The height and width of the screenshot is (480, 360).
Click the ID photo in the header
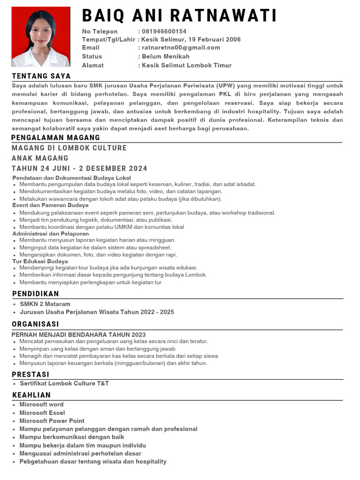pyautogui.click(x=40, y=37)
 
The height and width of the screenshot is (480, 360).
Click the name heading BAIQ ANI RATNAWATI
pyautogui.click(x=180, y=16)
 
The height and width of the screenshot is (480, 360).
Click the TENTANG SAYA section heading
pyautogui.click(x=41, y=76)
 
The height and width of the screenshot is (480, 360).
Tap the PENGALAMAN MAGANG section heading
pyautogui.click(x=56, y=137)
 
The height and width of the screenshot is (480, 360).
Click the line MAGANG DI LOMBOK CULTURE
pyautogui.click(x=69, y=148)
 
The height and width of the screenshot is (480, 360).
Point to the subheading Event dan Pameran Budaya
pyautogui.click(x=50, y=205)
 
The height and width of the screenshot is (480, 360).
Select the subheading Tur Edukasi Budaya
pyautogui.click(x=40, y=261)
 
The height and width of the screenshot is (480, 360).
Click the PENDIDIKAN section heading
pyautogui.click(x=36, y=293)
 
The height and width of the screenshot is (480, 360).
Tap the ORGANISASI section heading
pyautogui.click(x=36, y=324)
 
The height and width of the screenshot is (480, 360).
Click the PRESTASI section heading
pyautogui.click(x=30, y=375)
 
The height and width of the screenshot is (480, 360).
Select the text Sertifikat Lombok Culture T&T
pyautogui.click(x=64, y=383)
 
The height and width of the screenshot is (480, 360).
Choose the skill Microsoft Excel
pyautogui.click(x=42, y=412)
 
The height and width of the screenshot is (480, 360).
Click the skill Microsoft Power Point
pyautogui.click(x=52, y=421)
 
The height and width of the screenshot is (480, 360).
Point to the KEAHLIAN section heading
pyautogui.click(x=31, y=395)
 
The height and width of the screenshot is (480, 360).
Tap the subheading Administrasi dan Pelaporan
pyautogui.click(x=51, y=233)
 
